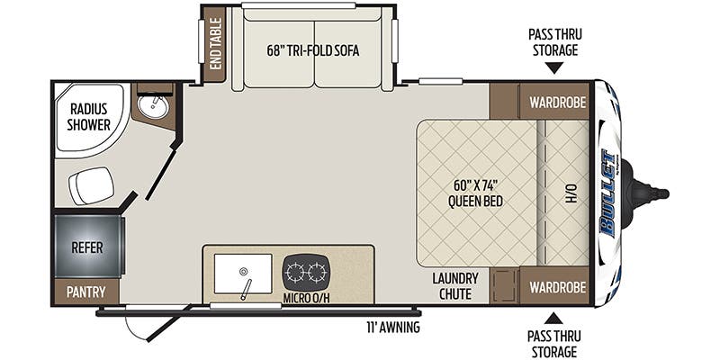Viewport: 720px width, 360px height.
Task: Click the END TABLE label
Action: tap(215, 43)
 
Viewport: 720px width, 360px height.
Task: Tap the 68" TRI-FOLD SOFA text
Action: tap(313, 50)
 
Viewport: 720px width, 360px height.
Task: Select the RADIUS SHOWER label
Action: tap(88, 117)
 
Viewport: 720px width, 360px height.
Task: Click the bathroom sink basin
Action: tap(154, 106)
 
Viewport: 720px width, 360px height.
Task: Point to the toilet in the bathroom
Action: tap(92, 185)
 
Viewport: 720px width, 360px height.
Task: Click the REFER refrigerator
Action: tap(88, 246)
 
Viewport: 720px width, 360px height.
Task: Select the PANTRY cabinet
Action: tap(85, 292)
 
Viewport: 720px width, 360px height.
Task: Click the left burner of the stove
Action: tap(294, 274)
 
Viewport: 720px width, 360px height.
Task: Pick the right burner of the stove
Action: tap(318, 274)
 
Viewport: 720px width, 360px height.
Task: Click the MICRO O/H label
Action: tap(306, 298)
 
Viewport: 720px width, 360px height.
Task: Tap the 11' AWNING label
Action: tap(393, 328)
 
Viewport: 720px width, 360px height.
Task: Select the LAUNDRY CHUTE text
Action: tap(455, 285)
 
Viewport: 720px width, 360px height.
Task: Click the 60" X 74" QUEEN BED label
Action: tap(475, 193)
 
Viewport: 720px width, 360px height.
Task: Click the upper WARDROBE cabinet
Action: tap(554, 102)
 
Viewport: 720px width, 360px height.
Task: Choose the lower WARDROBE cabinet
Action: tap(554, 285)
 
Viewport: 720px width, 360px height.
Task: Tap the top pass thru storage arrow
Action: tap(554, 68)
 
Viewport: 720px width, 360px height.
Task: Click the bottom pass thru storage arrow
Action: tap(554, 319)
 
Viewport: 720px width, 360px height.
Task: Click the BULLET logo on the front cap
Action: tap(608, 193)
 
